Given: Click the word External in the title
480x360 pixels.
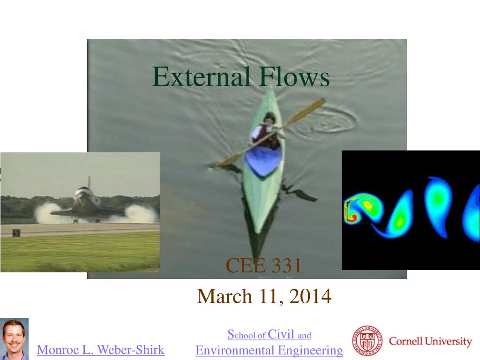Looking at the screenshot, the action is (x=202, y=76).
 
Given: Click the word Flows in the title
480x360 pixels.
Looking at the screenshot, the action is (x=294, y=76).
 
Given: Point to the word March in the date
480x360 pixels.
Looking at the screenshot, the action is (x=225, y=296).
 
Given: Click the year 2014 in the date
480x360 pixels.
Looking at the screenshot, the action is (x=310, y=296).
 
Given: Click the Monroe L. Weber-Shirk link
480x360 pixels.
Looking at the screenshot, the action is (x=100, y=350).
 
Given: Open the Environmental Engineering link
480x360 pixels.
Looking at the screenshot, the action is (x=269, y=350).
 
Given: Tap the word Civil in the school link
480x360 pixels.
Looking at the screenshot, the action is (x=281, y=334).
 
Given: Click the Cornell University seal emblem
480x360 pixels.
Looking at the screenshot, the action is (x=367, y=341).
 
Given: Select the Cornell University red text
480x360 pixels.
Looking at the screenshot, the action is (x=430, y=341).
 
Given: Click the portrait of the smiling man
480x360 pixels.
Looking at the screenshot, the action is (x=14, y=339).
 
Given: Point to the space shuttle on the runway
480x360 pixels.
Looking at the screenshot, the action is (x=87, y=202).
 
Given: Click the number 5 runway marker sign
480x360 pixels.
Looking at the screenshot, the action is (x=16, y=233).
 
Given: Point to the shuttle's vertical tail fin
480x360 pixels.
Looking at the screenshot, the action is (x=89, y=182).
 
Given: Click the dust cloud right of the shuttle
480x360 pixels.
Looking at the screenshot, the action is (x=139, y=213).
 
